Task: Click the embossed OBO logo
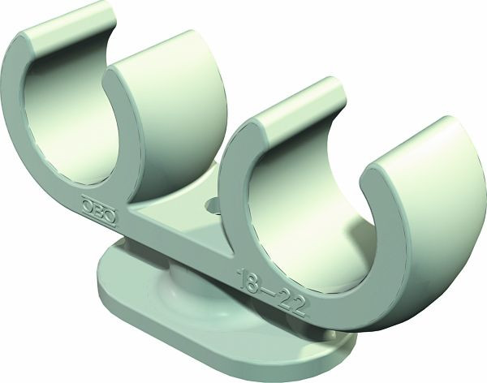pos(98,209)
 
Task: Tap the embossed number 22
pos(291,303)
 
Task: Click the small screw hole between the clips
pos(213,205)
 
